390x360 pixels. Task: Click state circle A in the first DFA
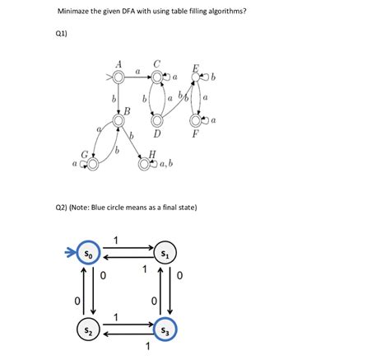(x=118, y=77)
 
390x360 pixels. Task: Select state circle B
(x=118, y=119)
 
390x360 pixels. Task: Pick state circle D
(x=156, y=120)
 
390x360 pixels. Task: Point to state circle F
(x=196, y=120)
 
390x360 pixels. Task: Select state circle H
(x=144, y=164)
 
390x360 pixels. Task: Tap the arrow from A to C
(x=137, y=77)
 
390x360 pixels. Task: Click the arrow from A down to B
(x=118, y=98)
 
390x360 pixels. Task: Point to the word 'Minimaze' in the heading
(x=75, y=12)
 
